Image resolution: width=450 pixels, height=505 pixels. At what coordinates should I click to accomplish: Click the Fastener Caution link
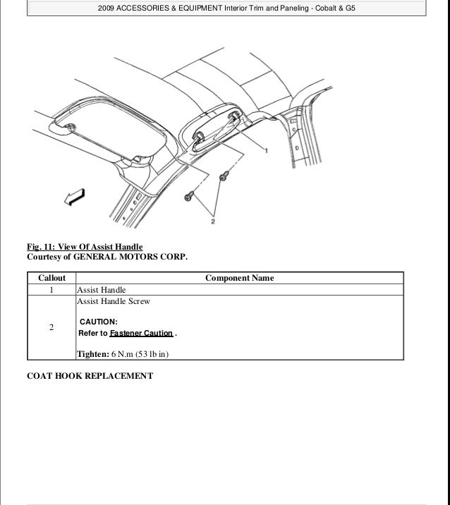pyautogui.click(x=141, y=334)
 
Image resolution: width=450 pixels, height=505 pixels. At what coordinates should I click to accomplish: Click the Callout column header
pyautogui.click(x=51, y=279)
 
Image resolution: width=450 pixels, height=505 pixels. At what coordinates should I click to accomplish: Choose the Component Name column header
pyautogui.click(x=239, y=279)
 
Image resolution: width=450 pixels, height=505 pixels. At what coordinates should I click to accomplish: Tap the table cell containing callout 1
pyautogui.click(x=51, y=290)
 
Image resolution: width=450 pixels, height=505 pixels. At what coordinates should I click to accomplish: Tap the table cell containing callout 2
pyautogui.click(x=51, y=328)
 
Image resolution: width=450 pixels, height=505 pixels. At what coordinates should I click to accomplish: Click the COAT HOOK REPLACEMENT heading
pyautogui.click(x=90, y=376)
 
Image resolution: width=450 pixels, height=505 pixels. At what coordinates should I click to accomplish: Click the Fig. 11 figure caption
pyautogui.click(x=85, y=247)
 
